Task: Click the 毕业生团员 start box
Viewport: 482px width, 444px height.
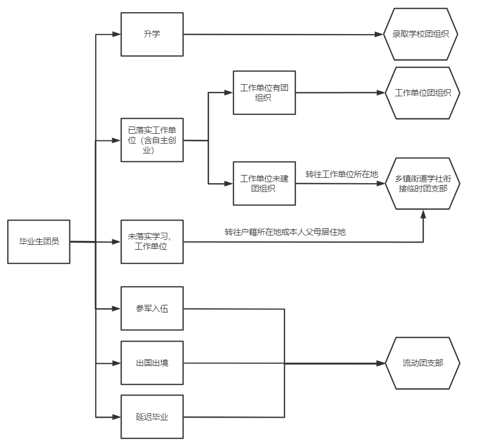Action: click(39, 242)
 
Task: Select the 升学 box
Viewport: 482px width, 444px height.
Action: click(152, 34)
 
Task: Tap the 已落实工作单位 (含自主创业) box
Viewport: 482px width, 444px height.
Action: click(152, 140)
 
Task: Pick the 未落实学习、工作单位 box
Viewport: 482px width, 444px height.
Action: click(152, 242)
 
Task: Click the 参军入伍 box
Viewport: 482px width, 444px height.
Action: click(152, 309)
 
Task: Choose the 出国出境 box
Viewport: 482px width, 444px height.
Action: click(152, 363)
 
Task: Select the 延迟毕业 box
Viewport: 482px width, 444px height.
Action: click(152, 416)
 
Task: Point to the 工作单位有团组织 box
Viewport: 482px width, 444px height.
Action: click(264, 92)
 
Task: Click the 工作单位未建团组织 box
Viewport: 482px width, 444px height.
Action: click(264, 183)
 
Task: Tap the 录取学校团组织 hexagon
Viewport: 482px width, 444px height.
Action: click(421, 34)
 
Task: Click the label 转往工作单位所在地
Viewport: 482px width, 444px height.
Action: click(342, 174)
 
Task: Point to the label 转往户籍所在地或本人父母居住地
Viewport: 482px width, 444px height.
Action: click(285, 232)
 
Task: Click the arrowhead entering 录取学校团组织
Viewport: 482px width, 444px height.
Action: click(379, 34)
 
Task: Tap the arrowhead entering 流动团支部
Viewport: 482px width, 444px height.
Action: click(380, 364)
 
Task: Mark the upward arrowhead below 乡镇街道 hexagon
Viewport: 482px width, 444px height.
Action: click(423, 216)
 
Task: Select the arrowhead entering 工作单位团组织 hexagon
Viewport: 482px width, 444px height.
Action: click(380, 93)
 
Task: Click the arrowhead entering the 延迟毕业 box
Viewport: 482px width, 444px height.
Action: click(116, 416)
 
